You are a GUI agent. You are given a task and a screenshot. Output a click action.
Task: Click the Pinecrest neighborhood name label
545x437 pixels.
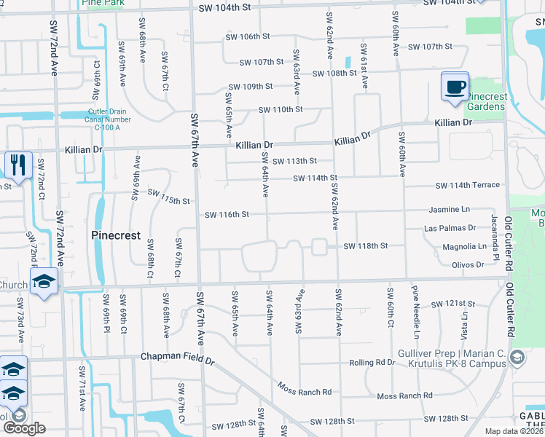(x=115, y=235)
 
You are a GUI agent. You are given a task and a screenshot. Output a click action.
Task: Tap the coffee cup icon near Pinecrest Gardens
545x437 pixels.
(x=455, y=87)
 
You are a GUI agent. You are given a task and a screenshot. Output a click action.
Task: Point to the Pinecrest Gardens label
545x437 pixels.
(x=485, y=102)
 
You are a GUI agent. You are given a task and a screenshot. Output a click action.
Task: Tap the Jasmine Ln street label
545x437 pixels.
(x=450, y=209)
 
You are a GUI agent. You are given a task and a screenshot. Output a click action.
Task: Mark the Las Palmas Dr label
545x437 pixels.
(x=450, y=228)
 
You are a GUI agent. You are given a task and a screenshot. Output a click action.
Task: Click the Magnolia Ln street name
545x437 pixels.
(x=464, y=247)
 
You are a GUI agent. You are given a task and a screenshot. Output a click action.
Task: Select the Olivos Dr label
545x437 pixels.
(x=468, y=265)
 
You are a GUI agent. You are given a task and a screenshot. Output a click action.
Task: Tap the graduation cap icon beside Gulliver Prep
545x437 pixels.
(x=517, y=357)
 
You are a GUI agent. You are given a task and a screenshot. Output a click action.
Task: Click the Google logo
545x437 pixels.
(x=24, y=428)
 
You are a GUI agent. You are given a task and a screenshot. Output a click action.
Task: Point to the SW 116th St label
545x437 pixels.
(x=227, y=215)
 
